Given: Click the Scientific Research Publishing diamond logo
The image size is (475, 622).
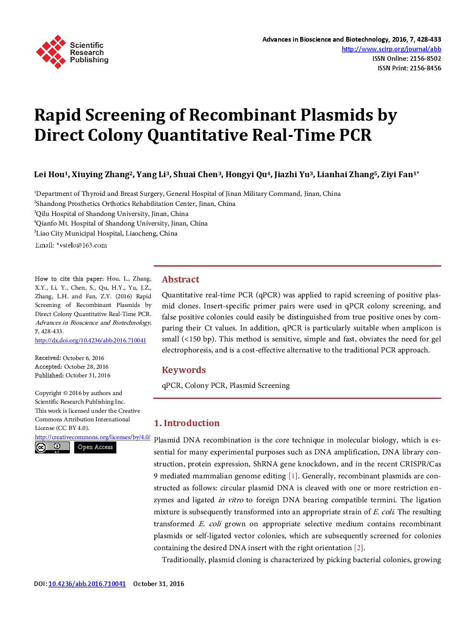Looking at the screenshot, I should [x=51, y=52].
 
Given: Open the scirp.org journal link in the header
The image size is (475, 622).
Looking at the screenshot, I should [x=391, y=49].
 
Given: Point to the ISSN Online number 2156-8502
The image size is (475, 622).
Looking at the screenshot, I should [x=425, y=58].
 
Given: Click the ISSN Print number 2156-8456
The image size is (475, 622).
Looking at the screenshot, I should [x=425, y=68].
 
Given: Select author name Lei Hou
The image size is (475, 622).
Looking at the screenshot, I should [x=50, y=175].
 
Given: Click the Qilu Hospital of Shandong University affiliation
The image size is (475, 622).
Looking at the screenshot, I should [x=112, y=214].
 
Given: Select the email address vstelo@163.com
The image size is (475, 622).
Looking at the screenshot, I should [x=83, y=245].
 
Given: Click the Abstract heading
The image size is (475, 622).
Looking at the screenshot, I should [x=181, y=280].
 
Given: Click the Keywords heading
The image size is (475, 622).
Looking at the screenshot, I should [x=184, y=370].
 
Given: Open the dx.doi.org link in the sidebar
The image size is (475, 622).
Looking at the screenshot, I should [x=90, y=340].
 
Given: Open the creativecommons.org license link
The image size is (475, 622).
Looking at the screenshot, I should [x=92, y=437].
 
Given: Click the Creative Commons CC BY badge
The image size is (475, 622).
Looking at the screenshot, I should [x=52, y=447].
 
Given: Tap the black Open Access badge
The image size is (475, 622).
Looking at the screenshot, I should [x=95, y=447].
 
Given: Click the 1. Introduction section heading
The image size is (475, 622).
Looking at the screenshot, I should [x=187, y=423].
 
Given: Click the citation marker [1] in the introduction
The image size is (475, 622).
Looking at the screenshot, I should [x=293, y=476].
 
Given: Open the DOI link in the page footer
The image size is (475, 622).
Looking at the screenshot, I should [x=87, y=584].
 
